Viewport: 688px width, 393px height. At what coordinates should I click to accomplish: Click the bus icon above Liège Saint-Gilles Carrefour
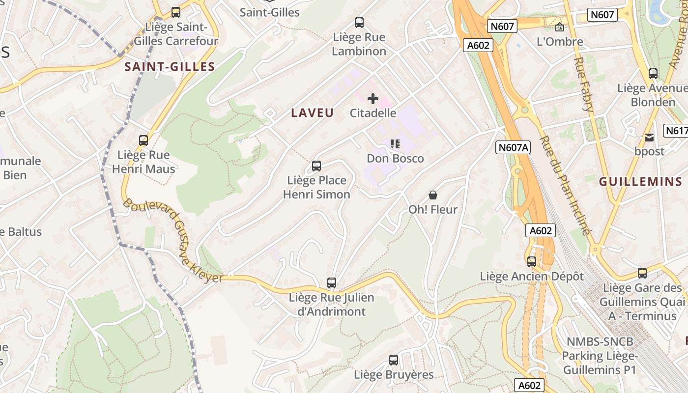(176, 12)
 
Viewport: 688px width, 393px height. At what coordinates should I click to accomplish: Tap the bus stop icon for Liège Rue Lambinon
(359, 22)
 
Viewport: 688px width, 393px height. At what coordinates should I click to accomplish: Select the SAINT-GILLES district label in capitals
(170, 67)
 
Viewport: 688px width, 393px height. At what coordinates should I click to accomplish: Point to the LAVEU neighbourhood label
(312, 113)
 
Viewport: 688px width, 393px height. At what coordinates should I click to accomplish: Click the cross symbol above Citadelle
(373, 99)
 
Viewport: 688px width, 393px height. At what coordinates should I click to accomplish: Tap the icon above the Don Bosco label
(395, 144)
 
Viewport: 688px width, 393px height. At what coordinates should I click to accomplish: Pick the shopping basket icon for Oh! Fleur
(433, 195)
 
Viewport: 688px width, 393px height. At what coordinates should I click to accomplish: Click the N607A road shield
(514, 147)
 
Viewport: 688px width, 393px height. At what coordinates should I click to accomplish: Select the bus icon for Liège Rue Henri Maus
(143, 140)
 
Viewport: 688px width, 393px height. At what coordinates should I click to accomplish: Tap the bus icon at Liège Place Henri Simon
(316, 166)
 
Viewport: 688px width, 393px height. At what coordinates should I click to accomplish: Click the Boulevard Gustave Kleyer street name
(173, 241)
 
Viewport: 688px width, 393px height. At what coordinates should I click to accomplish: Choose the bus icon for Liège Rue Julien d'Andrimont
(332, 283)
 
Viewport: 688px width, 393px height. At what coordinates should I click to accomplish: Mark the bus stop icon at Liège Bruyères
(394, 360)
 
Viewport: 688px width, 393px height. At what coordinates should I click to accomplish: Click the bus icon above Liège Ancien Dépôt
(532, 262)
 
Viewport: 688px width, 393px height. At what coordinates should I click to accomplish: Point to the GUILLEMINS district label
(640, 182)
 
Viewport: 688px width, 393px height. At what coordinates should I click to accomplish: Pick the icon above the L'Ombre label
(560, 27)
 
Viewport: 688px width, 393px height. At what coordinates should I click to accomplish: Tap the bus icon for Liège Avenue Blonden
(653, 74)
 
